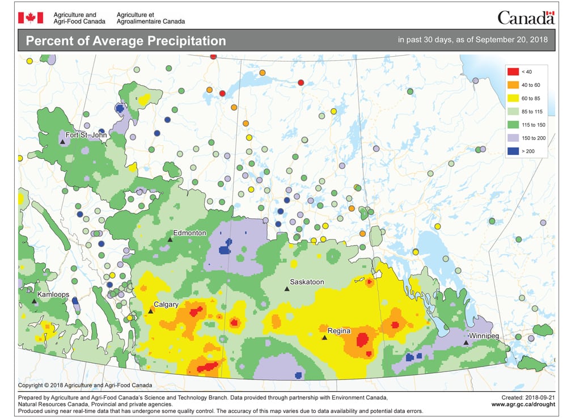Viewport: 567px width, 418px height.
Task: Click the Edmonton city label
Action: click(x=190, y=233)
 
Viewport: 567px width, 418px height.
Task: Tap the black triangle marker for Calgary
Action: click(x=150, y=311)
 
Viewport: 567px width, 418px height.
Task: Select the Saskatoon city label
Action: click(x=307, y=282)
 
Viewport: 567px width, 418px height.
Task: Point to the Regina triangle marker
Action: click(x=324, y=337)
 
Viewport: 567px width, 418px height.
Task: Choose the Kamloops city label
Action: click(x=53, y=295)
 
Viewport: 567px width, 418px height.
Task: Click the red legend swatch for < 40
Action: click(x=513, y=71)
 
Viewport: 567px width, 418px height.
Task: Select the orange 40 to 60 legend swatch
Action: click(x=513, y=85)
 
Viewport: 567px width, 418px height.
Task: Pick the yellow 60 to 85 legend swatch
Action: click(x=513, y=98)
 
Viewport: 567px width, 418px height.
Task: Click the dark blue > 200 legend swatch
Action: click(x=513, y=151)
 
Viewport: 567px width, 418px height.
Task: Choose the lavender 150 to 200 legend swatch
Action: click(x=513, y=138)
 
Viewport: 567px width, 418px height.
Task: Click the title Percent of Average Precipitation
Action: click(x=126, y=41)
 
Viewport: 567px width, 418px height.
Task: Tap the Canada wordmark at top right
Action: click(x=525, y=18)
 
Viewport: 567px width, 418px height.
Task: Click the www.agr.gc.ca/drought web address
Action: click(x=523, y=404)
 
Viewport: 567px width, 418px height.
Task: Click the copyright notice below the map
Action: click(x=81, y=385)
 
